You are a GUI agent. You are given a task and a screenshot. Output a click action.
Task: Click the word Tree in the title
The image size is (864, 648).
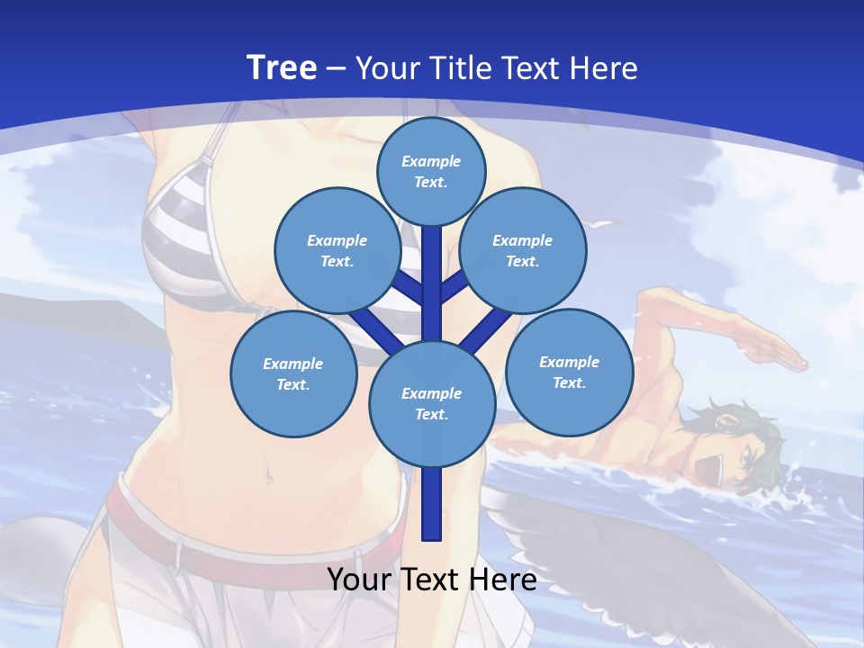point(281,67)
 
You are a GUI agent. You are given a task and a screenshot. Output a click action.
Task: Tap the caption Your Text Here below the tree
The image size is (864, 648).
point(431,580)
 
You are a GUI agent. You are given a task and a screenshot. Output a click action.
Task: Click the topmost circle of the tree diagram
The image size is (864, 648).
point(431,171)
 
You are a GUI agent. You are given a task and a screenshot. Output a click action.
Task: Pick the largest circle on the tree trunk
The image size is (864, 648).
point(432,404)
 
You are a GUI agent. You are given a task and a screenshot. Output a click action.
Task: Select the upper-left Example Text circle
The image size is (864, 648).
point(337,250)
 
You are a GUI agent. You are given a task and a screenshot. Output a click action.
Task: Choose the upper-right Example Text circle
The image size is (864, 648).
point(523,250)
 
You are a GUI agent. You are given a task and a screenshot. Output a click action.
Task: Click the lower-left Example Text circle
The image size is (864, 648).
point(292,373)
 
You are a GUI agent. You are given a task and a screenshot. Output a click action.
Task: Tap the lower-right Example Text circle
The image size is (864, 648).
point(569,372)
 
